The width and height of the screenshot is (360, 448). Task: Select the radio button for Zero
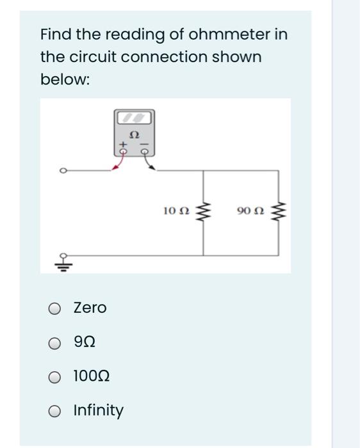pos(56,308)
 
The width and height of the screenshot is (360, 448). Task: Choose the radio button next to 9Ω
pos(56,343)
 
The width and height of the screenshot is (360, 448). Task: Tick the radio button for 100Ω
pos(56,376)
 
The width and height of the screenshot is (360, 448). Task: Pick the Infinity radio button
pos(56,410)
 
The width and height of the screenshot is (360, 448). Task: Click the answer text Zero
pos(90,308)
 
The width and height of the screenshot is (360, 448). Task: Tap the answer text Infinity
pos(99,410)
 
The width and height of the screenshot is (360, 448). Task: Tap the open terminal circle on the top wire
pos(63,171)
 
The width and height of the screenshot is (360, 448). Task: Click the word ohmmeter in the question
pos(237,33)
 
